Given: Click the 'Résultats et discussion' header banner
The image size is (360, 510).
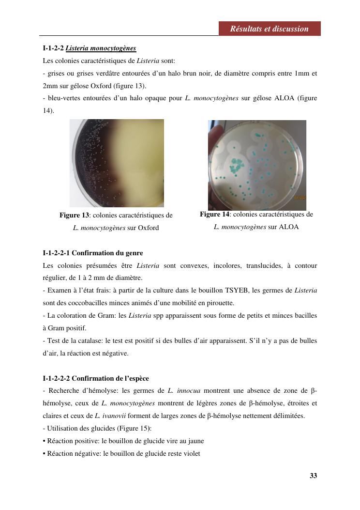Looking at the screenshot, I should [269, 29].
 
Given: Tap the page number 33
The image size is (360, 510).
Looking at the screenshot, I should [313, 476].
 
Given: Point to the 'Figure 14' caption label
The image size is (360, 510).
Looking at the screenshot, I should [214, 214].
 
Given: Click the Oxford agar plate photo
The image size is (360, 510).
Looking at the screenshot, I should [117, 163].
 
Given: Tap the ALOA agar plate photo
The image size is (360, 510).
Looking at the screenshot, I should [257, 165].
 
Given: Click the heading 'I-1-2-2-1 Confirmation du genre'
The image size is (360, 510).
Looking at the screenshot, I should [93, 253].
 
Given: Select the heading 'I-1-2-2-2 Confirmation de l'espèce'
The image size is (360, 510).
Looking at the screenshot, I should [96, 378].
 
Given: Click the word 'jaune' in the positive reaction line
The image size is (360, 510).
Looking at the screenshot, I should [195, 441].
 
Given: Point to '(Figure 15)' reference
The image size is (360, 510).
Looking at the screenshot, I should [122, 428].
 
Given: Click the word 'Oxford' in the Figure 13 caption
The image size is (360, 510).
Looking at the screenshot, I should [149, 228].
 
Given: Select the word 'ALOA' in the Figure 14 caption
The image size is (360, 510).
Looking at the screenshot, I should [289, 227].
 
